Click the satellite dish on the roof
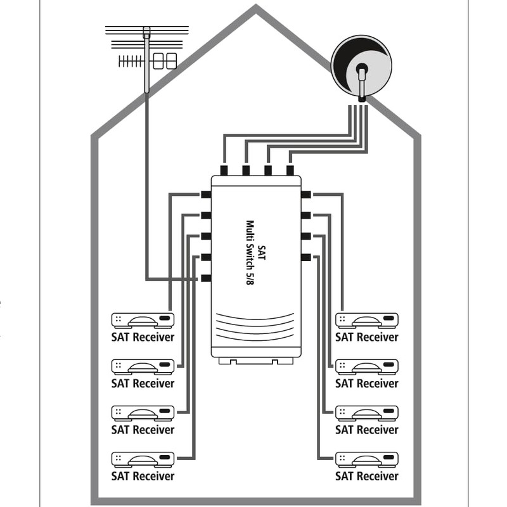coord(361,67)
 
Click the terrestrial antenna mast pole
coord(147,60)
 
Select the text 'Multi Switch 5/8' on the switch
coord(250,252)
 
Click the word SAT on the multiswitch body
coord(261,252)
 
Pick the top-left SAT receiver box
coord(143,321)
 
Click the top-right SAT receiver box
coord(367,321)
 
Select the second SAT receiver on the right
coord(367,367)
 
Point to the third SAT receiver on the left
coord(143,414)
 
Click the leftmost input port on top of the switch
coord(224,170)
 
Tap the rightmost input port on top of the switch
coord(290,170)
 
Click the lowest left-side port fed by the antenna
coord(206,278)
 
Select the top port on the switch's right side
coord(306,195)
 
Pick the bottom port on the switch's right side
coord(306,257)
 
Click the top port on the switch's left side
coord(206,195)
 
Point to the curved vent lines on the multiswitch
coord(255,327)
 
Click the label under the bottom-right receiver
coord(367,476)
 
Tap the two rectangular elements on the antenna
coord(165,61)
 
